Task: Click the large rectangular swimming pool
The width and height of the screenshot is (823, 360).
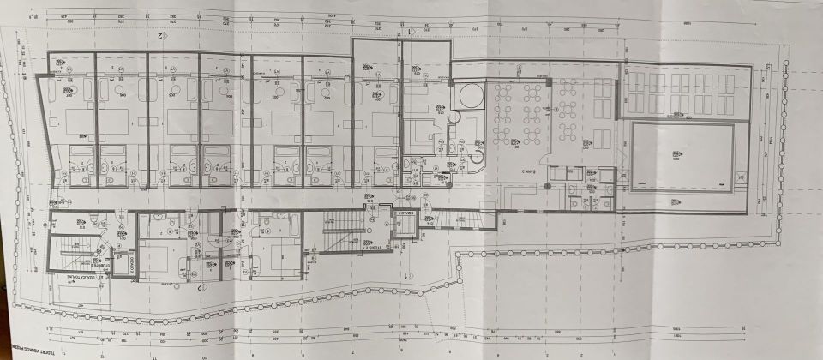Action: [682, 158]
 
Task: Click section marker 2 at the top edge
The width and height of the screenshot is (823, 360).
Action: [159, 36]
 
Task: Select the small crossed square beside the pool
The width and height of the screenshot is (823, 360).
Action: [742, 178]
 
